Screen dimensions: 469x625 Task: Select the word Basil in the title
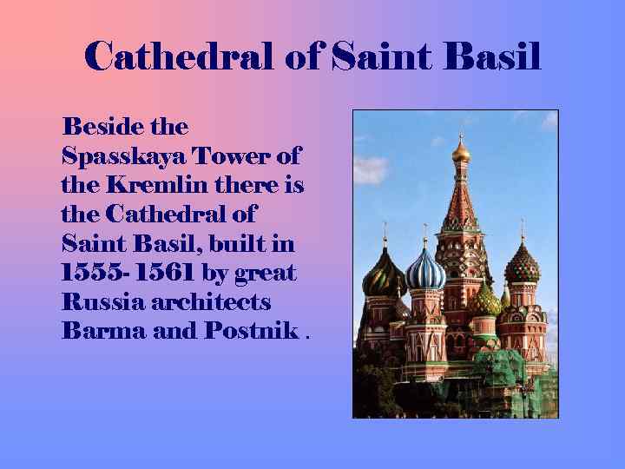point(490,57)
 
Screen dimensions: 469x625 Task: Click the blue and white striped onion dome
point(425,270)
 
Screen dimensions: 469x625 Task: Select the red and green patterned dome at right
point(522,264)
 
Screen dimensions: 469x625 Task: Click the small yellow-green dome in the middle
point(485,301)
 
